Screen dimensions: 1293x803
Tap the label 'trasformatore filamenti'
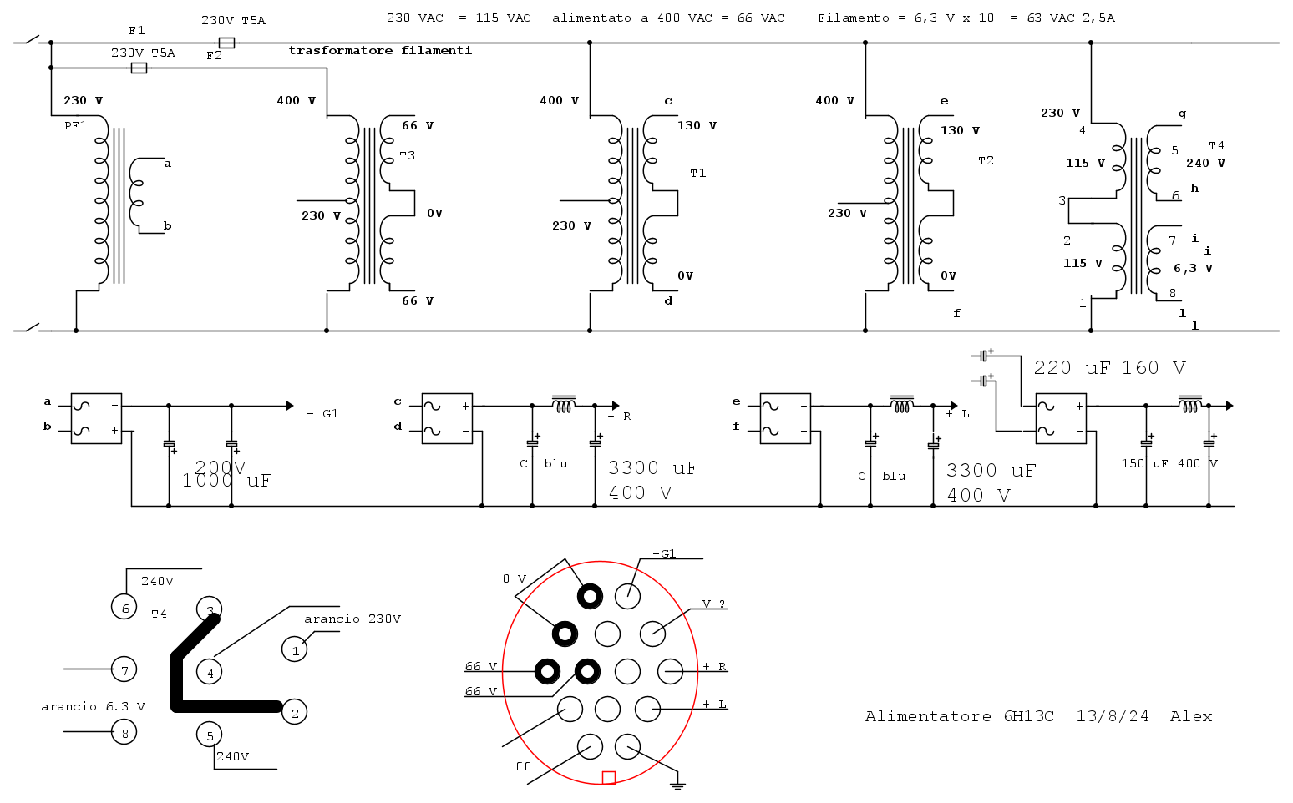click(x=380, y=51)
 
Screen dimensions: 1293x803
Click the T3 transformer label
click(x=407, y=156)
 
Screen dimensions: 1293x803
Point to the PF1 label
click(x=76, y=126)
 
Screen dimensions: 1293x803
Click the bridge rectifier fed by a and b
click(x=96, y=418)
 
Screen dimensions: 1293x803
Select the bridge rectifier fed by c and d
click(x=447, y=418)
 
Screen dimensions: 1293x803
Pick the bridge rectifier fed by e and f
click(x=785, y=418)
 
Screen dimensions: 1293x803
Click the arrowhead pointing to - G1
click(x=290, y=407)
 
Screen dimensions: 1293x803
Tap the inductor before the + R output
click(x=563, y=404)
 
